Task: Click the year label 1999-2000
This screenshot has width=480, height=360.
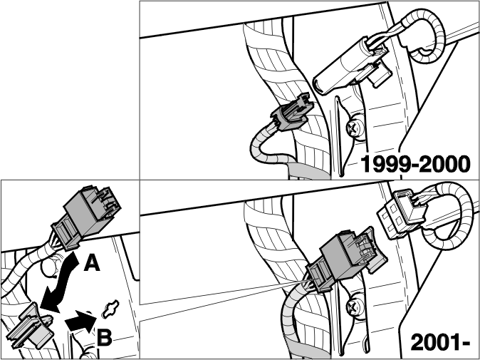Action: tap(416, 164)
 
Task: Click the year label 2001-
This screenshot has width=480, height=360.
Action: tap(440, 342)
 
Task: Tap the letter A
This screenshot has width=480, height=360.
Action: tap(92, 263)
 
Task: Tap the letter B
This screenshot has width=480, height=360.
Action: tap(105, 337)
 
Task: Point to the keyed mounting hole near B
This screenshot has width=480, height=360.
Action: tap(110, 309)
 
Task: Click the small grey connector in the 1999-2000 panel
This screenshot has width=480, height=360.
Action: tap(293, 113)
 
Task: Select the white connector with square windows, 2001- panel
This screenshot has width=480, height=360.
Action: tap(401, 214)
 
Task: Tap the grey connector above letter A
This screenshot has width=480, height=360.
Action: tap(85, 217)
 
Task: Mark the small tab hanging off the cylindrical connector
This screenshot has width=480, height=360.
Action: tap(380, 75)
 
